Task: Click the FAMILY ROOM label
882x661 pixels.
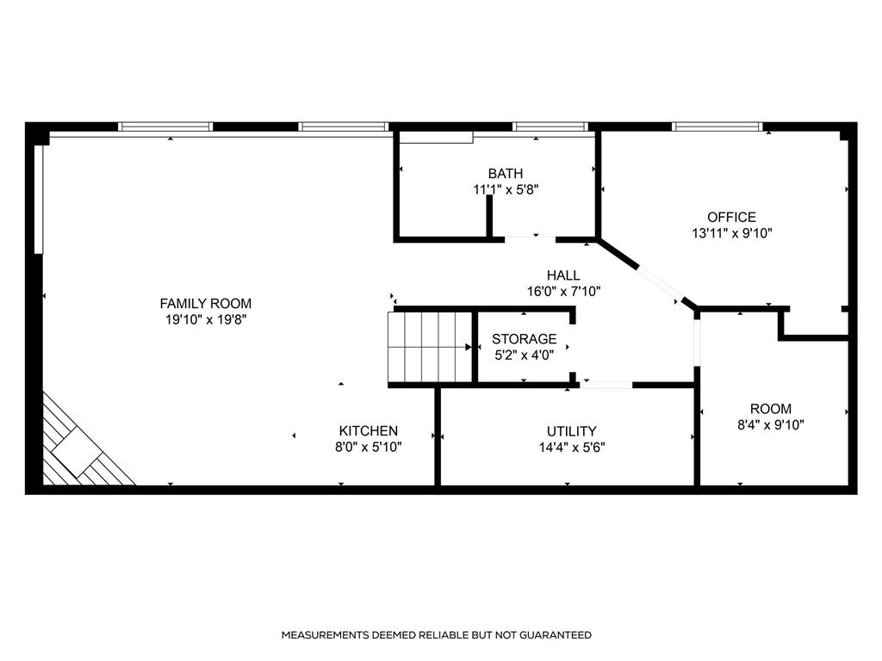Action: (205, 304)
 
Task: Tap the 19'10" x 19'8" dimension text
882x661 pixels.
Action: (205, 320)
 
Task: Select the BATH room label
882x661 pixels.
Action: (505, 173)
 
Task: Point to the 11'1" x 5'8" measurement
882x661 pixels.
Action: (505, 189)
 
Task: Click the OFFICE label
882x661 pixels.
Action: (731, 217)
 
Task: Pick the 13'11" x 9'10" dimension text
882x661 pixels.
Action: (731, 233)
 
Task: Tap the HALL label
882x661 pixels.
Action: (563, 275)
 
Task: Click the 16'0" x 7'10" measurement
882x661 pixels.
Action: (563, 292)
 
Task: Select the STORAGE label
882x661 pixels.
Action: (524, 339)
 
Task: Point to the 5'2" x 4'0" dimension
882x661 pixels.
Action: (524, 355)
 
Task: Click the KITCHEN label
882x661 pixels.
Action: (368, 431)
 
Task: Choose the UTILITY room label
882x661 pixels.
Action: (572, 431)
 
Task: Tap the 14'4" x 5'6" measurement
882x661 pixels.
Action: (572, 448)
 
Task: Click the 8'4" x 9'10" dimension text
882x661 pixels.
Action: (771, 425)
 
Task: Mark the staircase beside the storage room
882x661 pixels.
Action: (430, 347)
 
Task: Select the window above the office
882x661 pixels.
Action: (717, 127)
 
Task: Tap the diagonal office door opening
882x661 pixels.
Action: (661, 283)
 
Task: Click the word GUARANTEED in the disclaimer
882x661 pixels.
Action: (555, 635)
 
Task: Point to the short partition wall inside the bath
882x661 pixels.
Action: (489, 216)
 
